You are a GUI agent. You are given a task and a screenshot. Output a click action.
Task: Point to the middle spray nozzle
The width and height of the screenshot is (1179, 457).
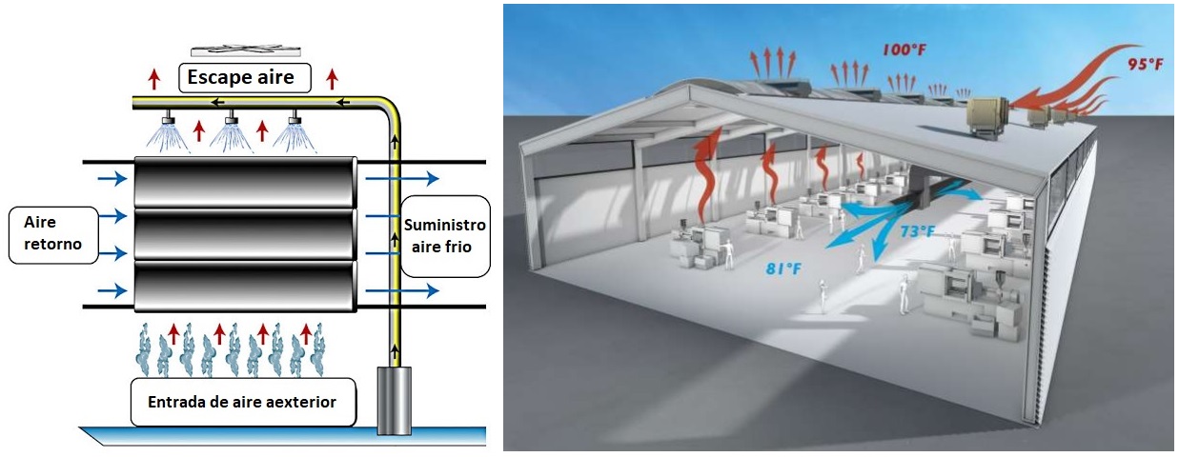[230, 121]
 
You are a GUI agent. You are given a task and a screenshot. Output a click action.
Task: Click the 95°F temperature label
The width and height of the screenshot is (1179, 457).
[1144, 65]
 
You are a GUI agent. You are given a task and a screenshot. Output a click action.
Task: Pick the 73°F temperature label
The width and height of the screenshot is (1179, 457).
[919, 229]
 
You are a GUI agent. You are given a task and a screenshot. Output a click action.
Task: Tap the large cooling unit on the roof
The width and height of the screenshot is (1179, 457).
[994, 117]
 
